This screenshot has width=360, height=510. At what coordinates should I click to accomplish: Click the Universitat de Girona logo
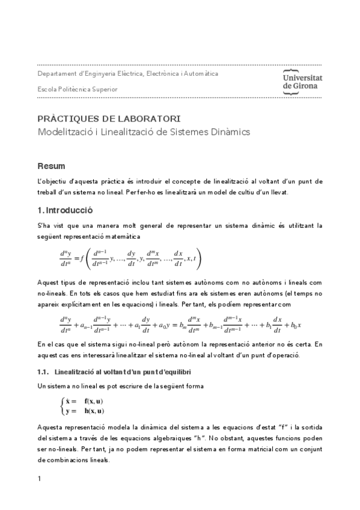[302, 81]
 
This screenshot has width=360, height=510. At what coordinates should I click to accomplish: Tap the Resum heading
[51, 165]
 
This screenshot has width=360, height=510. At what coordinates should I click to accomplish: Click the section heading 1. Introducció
[65, 210]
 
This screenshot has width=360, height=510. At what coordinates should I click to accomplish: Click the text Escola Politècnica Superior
[77, 89]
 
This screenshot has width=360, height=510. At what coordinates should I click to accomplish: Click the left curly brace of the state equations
[63, 405]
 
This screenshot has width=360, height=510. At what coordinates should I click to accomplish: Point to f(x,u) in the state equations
[94, 400]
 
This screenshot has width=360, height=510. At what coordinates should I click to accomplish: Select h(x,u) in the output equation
[94, 411]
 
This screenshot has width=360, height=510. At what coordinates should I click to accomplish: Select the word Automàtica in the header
[199, 73]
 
